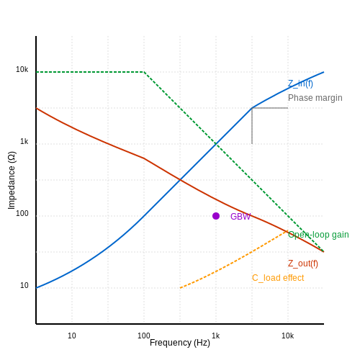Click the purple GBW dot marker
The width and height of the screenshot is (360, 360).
(x=216, y=216)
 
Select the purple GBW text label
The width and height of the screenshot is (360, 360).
(x=240, y=217)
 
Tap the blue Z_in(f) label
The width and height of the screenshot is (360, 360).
(x=300, y=84)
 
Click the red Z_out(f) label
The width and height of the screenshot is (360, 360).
(x=303, y=264)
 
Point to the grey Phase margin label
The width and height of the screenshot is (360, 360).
(x=315, y=98)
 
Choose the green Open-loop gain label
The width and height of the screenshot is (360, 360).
(x=318, y=235)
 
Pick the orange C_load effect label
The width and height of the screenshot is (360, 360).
(x=278, y=278)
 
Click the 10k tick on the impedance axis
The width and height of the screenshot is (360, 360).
(x=22, y=69)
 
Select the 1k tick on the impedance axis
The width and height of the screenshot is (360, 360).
(x=24, y=141)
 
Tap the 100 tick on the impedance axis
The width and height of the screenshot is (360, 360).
(x=22, y=213)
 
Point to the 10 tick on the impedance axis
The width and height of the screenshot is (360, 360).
(x=24, y=285)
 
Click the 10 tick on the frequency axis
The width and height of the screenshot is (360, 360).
(x=72, y=336)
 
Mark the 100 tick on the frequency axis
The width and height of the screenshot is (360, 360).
(x=144, y=336)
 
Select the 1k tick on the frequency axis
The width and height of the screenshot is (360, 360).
(x=216, y=336)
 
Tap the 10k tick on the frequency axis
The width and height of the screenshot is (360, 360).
(x=288, y=336)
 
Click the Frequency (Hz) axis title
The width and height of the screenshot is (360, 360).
(x=180, y=343)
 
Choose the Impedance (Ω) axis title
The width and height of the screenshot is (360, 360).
(x=12, y=180)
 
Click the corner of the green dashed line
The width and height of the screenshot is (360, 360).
(x=144, y=72)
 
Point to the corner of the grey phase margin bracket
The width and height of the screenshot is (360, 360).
(x=252, y=108)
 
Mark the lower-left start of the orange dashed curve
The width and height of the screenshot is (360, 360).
(x=180, y=288)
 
